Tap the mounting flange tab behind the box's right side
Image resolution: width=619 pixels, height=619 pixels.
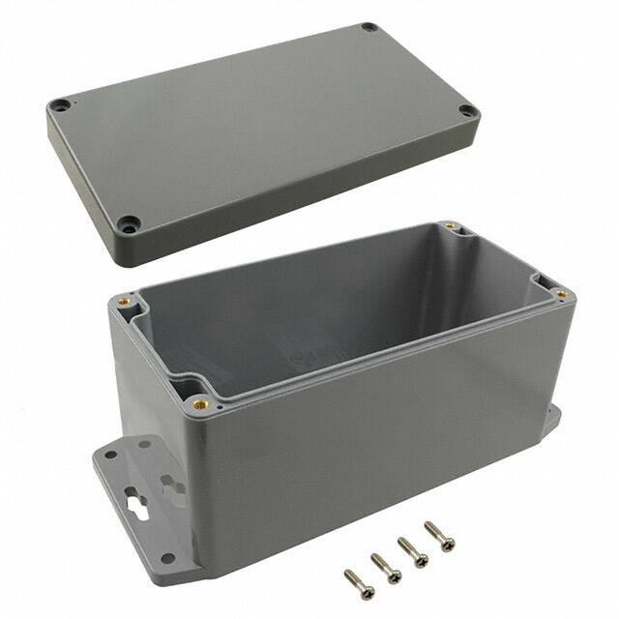(x=550, y=422)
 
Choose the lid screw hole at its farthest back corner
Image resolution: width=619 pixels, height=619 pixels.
(x=368, y=27)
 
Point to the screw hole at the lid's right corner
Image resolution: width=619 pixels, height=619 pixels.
(x=468, y=111)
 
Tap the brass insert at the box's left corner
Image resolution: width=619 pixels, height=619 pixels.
(x=123, y=301)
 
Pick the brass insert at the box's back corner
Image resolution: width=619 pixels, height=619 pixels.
(x=451, y=226)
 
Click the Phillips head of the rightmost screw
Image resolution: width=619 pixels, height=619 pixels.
(x=430, y=527)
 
